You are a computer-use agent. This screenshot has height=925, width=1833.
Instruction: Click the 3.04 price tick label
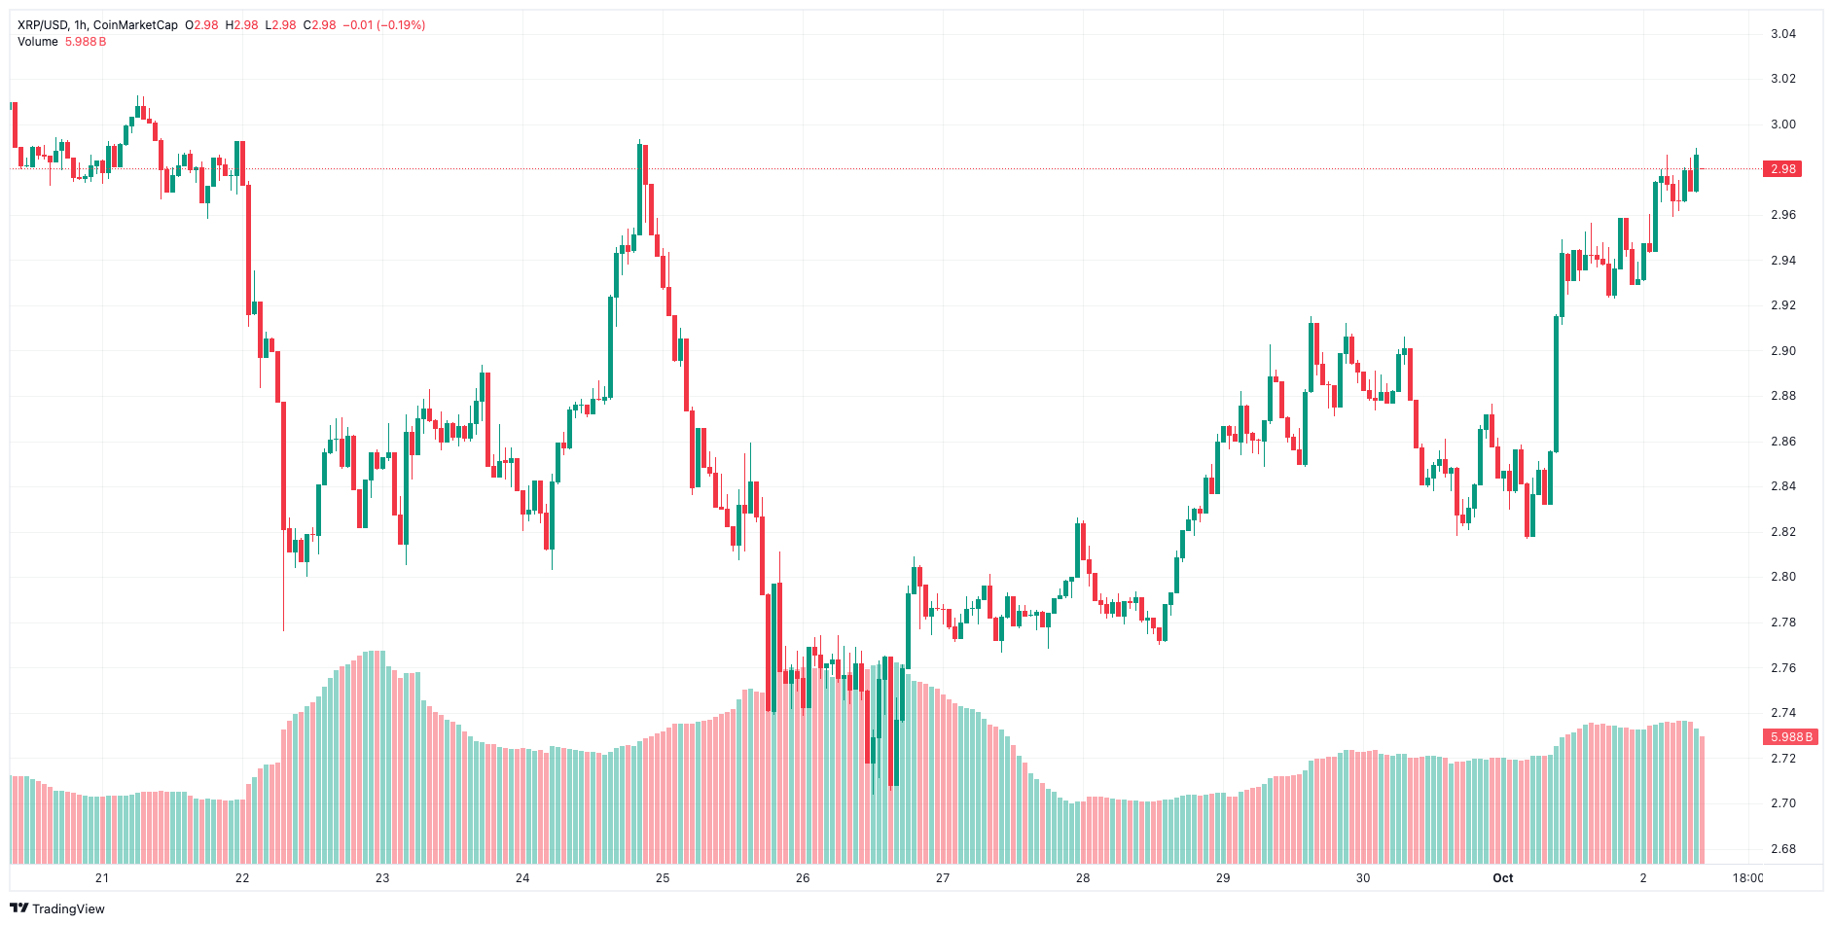click(x=1782, y=34)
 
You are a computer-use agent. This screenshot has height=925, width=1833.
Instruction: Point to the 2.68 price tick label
click(x=1782, y=849)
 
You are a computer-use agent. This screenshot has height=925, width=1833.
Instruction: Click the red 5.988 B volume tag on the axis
click(x=1790, y=737)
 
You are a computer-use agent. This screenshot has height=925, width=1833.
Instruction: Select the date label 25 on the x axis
click(x=663, y=878)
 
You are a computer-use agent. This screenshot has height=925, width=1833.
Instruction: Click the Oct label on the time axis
click(x=1502, y=878)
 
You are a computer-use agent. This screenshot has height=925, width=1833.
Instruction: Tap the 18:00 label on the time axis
click(x=1747, y=878)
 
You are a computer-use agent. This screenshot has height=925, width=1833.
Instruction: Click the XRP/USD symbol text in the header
click(x=42, y=25)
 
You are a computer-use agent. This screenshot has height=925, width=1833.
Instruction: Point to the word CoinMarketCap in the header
click(x=135, y=25)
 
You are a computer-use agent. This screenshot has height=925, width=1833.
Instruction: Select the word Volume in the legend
click(x=38, y=42)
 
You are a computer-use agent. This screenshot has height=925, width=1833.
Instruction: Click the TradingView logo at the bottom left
click(x=57, y=908)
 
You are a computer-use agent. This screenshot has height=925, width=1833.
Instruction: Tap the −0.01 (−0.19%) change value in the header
click(x=383, y=25)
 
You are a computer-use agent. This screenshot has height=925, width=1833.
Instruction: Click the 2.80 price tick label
click(x=1782, y=577)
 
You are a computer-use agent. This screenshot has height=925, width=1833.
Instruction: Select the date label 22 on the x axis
click(x=242, y=878)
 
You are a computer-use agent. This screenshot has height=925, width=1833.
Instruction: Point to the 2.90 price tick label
click(x=1782, y=351)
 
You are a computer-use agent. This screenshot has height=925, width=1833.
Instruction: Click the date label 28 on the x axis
click(x=1083, y=878)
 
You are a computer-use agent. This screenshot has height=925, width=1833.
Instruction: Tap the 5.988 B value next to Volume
click(x=86, y=42)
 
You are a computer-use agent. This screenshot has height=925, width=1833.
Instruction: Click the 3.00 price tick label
click(x=1782, y=125)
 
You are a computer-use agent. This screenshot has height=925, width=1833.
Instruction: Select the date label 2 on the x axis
click(x=1643, y=878)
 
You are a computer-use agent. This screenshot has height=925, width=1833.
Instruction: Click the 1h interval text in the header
click(x=80, y=25)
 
